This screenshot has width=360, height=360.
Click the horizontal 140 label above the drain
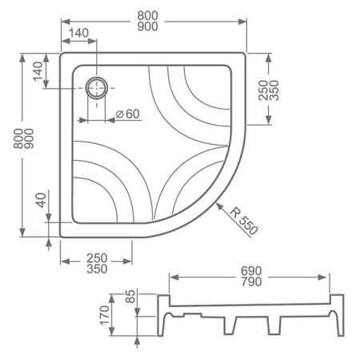click(x=79, y=32)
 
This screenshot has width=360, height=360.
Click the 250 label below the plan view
click(x=96, y=258)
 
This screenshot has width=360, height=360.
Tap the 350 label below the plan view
click(x=96, y=270)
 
